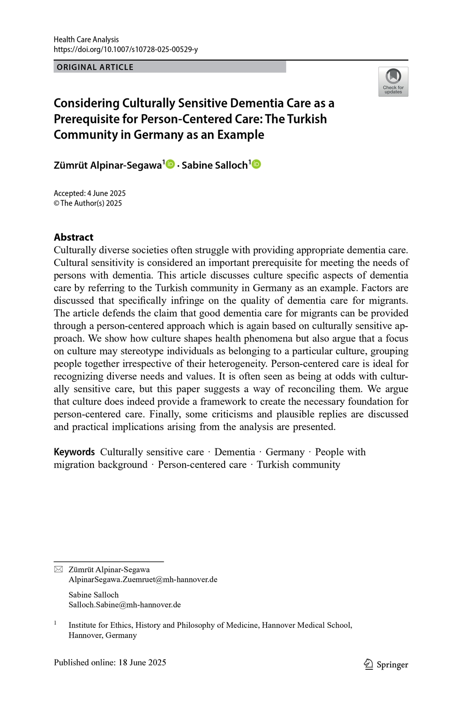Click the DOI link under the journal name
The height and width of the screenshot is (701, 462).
(x=125, y=49)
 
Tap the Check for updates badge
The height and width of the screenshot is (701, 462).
(x=393, y=82)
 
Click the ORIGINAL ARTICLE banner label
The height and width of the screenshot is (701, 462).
(x=95, y=67)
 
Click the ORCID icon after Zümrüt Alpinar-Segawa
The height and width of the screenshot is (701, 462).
(x=170, y=164)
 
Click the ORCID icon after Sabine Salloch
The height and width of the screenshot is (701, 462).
(x=256, y=164)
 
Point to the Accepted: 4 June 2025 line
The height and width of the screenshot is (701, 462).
(x=89, y=193)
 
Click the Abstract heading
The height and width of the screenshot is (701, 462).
(x=74, y=237)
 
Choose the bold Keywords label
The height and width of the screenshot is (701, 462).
(x=74, y=452)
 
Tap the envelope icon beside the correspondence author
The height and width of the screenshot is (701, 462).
(x=59, y=569)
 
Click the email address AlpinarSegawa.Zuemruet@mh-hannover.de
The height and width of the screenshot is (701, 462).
(x=143, y=579)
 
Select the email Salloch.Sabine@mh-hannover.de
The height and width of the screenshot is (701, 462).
(x=125, y=605)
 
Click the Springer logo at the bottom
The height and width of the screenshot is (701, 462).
(x=386, y=664)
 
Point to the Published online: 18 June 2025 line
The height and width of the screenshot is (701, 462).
(x=110, y=663)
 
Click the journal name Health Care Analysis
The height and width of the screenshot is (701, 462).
(x=86, y=39)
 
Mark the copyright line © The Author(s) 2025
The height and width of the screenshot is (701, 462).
(x=88, y=203)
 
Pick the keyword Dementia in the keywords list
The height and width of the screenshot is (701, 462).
(x=235, y=452)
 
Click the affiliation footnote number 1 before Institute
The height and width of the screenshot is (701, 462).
(x=55, y=623)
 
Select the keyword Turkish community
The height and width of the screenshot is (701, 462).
(x=298, y=465)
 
